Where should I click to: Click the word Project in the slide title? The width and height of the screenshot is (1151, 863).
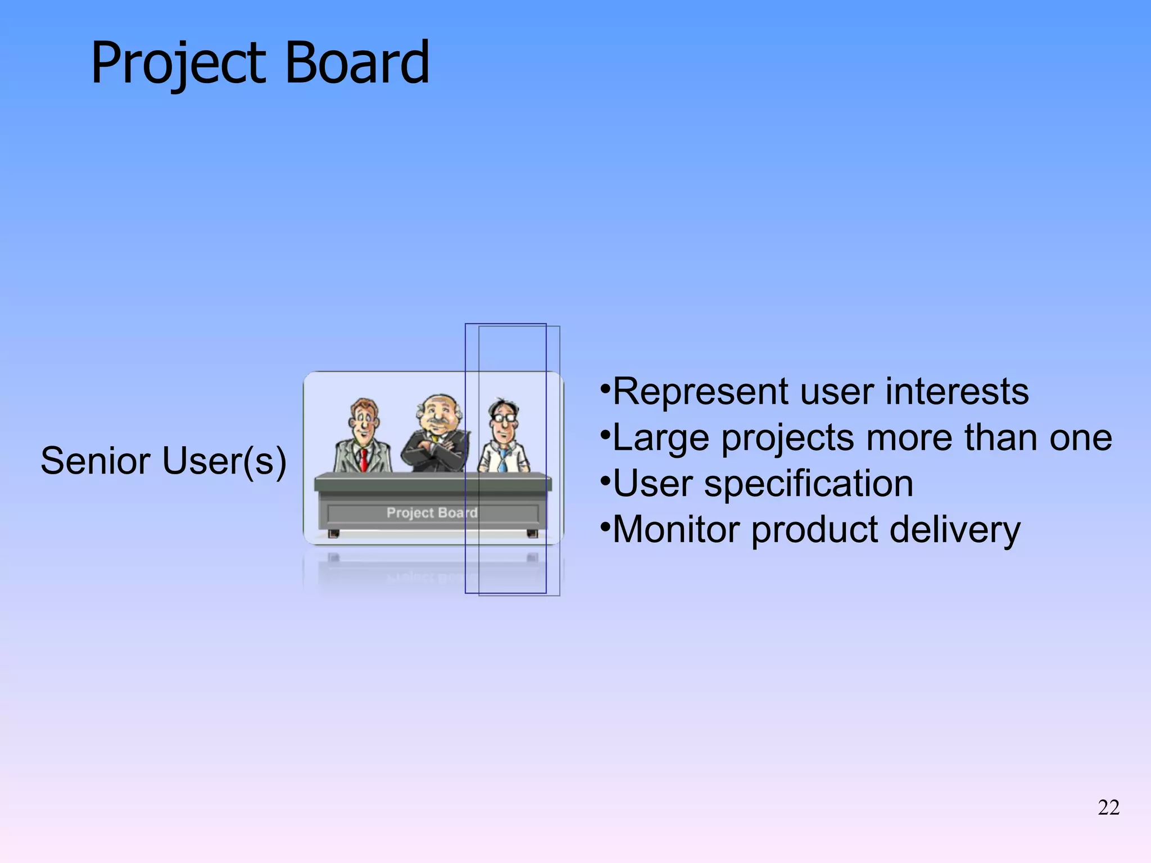178,63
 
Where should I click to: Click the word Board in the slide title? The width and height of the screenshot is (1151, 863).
357,63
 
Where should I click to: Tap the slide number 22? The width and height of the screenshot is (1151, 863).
1108,807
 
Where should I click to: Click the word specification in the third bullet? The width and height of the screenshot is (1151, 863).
808,484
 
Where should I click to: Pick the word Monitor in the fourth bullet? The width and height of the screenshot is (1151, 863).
677,530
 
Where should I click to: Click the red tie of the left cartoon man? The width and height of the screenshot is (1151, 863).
364,460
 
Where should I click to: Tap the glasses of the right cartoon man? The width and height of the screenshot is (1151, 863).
504,418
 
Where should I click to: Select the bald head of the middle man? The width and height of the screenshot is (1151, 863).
439,402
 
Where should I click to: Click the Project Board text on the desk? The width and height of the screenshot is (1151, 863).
432,512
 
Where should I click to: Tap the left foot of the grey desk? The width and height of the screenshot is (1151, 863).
333,533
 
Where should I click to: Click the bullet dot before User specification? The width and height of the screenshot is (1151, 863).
605,482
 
